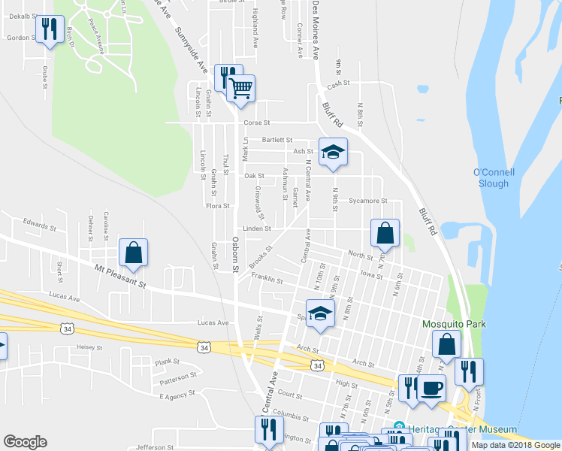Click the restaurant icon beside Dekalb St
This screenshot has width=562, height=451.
click(50, 30)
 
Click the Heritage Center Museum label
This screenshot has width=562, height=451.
click(460, 429)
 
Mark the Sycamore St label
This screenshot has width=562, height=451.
click(368, 201)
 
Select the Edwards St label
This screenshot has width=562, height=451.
click(40, 225)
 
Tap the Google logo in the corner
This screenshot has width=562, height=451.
click(26, 442)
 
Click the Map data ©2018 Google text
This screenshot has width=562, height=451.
click(516, 445)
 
